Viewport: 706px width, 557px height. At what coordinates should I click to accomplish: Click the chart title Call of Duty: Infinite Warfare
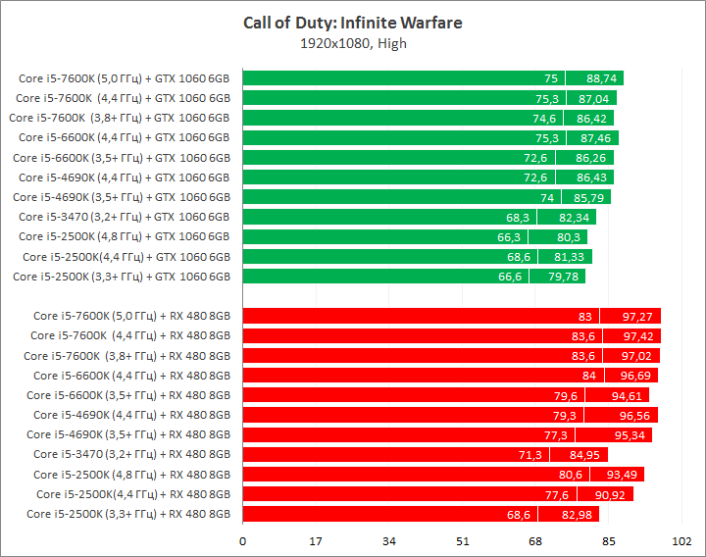352,23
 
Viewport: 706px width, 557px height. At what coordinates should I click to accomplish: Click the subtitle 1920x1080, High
353,43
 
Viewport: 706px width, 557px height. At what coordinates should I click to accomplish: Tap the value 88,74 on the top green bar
601,78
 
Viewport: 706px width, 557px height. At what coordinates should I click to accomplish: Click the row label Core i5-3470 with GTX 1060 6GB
124,217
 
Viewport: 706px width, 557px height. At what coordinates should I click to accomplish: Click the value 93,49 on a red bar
622,474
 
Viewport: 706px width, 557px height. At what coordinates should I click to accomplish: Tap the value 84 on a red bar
588,375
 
